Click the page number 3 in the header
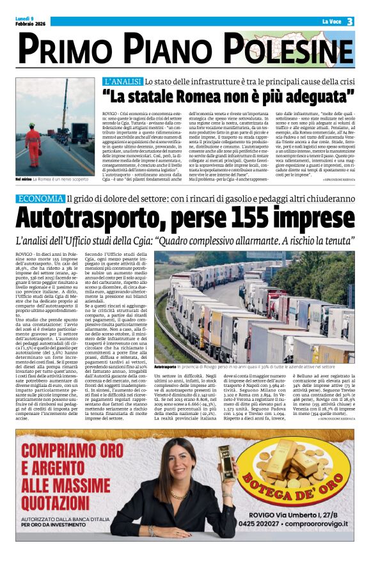click(x=350, y=22)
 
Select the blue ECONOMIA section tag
click(x=40, y=198)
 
